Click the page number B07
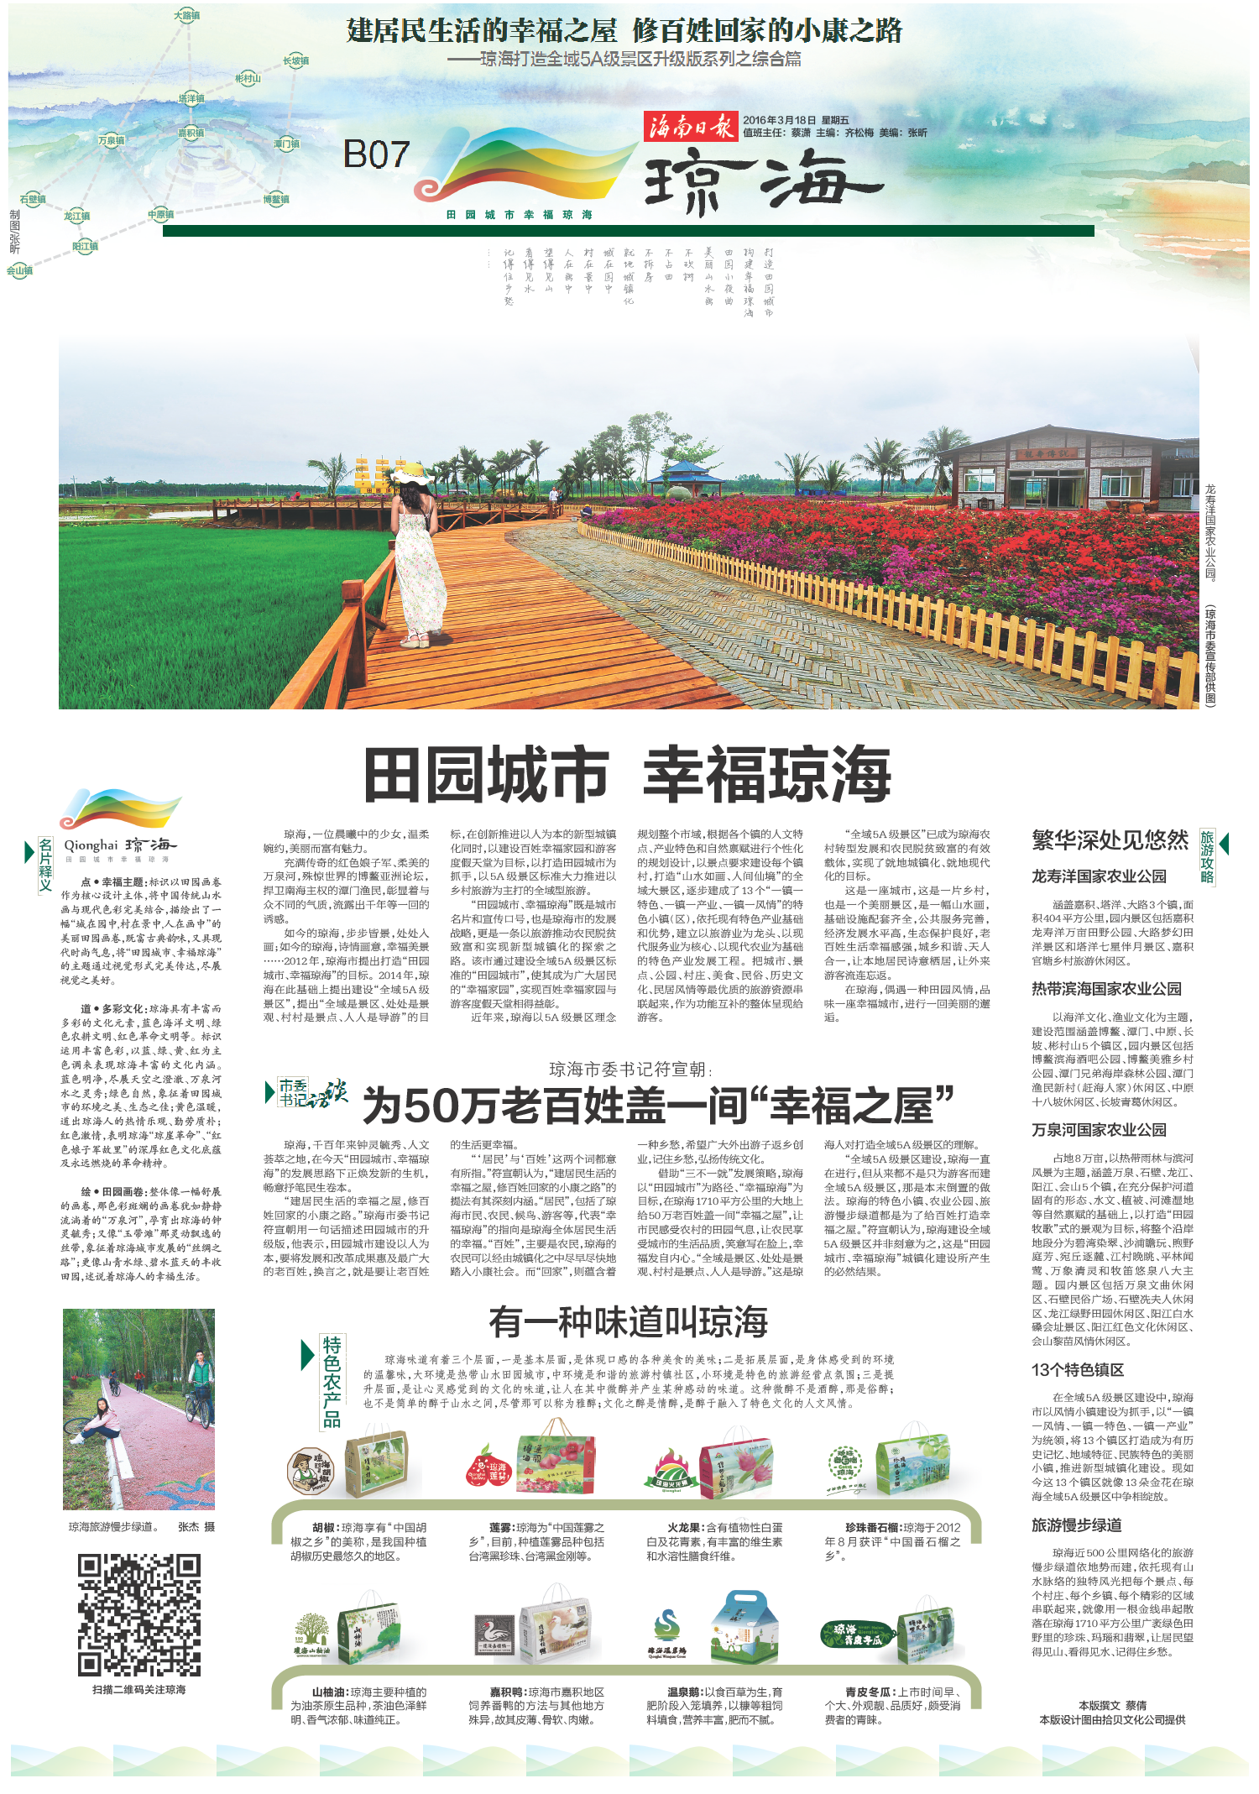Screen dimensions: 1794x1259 click(x=376, y=154)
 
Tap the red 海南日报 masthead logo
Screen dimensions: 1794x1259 click(x=690, y=127)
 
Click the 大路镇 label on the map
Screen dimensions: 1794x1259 click(x=187, y=15)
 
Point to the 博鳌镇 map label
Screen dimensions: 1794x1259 click(x=276, y=199)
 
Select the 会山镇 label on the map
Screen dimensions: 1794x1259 click(x=19, y=270)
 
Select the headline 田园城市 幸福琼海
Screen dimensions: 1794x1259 click(x=627, y=775)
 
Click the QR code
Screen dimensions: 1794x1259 click(x=139, y=1615)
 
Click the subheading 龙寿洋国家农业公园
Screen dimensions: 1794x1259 click(x=1099, y=876)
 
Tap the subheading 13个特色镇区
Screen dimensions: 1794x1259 click(x=1077, y=1370)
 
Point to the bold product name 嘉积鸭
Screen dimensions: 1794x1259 click(x=507, y=1692)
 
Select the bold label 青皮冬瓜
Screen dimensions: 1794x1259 click(x=870, y=1692)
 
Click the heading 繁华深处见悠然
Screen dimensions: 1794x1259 click(x=1110, y=840)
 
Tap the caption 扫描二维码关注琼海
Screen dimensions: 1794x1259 click(x=139, y=1689)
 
